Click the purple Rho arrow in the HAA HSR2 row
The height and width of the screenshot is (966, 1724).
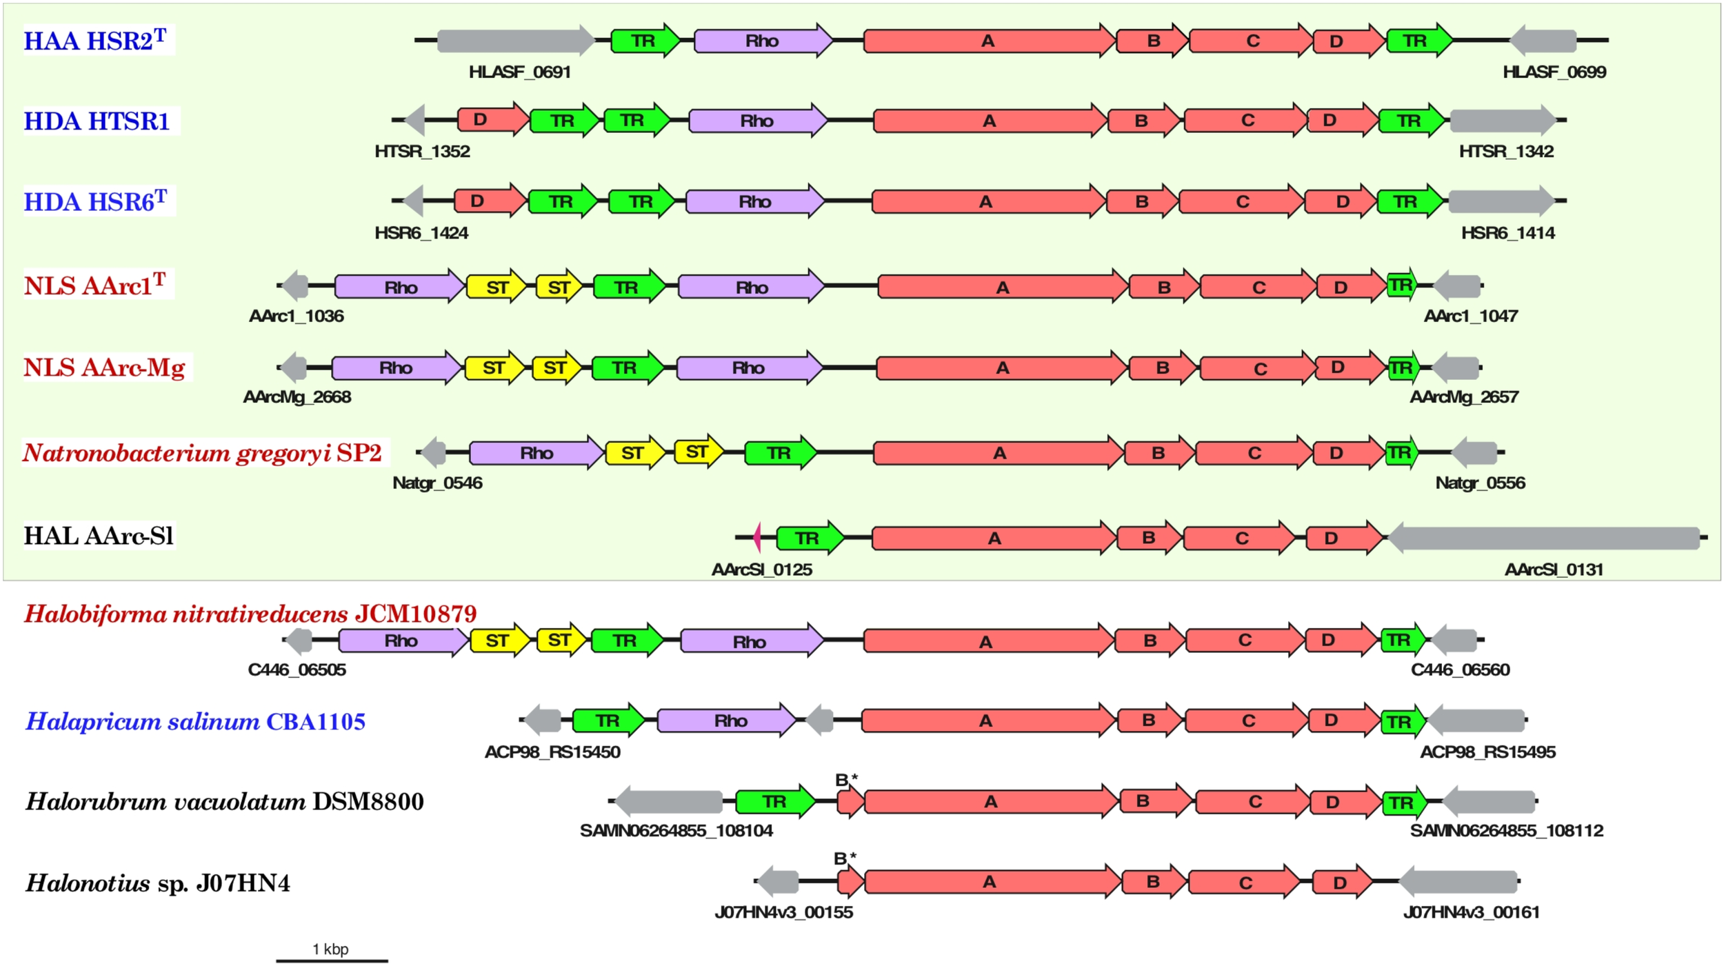[x=762, y=41]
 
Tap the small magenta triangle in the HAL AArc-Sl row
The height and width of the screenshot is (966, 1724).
[x=757, y=537]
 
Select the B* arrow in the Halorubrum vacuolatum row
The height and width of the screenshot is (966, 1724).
[x=850, y=802]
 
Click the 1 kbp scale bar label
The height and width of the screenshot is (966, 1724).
[x=330, y=949]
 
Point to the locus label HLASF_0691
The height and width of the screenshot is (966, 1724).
[x=519, y=72]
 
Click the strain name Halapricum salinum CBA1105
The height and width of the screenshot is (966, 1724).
[x=195, y=721]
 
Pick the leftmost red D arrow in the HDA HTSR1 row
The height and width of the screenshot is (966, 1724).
[x=491, y=120]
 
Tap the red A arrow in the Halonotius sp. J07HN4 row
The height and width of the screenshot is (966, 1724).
[x=991, y=882]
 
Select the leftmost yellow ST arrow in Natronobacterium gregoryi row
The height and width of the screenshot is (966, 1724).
[x=634, y=453]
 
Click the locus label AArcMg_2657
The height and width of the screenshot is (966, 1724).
[x=1463, y=397]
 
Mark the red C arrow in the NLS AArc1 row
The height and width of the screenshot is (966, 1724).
[x=1257, y=287]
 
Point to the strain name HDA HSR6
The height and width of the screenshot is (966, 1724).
[x=97, y=201]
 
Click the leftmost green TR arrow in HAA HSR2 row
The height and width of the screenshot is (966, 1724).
[x=644, y=41]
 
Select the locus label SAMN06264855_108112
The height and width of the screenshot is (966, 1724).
[x=1506, y=830]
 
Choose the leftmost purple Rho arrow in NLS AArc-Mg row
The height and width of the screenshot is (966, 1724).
[x=396, y=368]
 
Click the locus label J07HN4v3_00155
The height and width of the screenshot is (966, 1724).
[x=783, y=912]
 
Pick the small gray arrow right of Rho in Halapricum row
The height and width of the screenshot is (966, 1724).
[x=820, y=721]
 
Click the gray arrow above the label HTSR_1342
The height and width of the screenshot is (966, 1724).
[x=1502, y=120]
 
